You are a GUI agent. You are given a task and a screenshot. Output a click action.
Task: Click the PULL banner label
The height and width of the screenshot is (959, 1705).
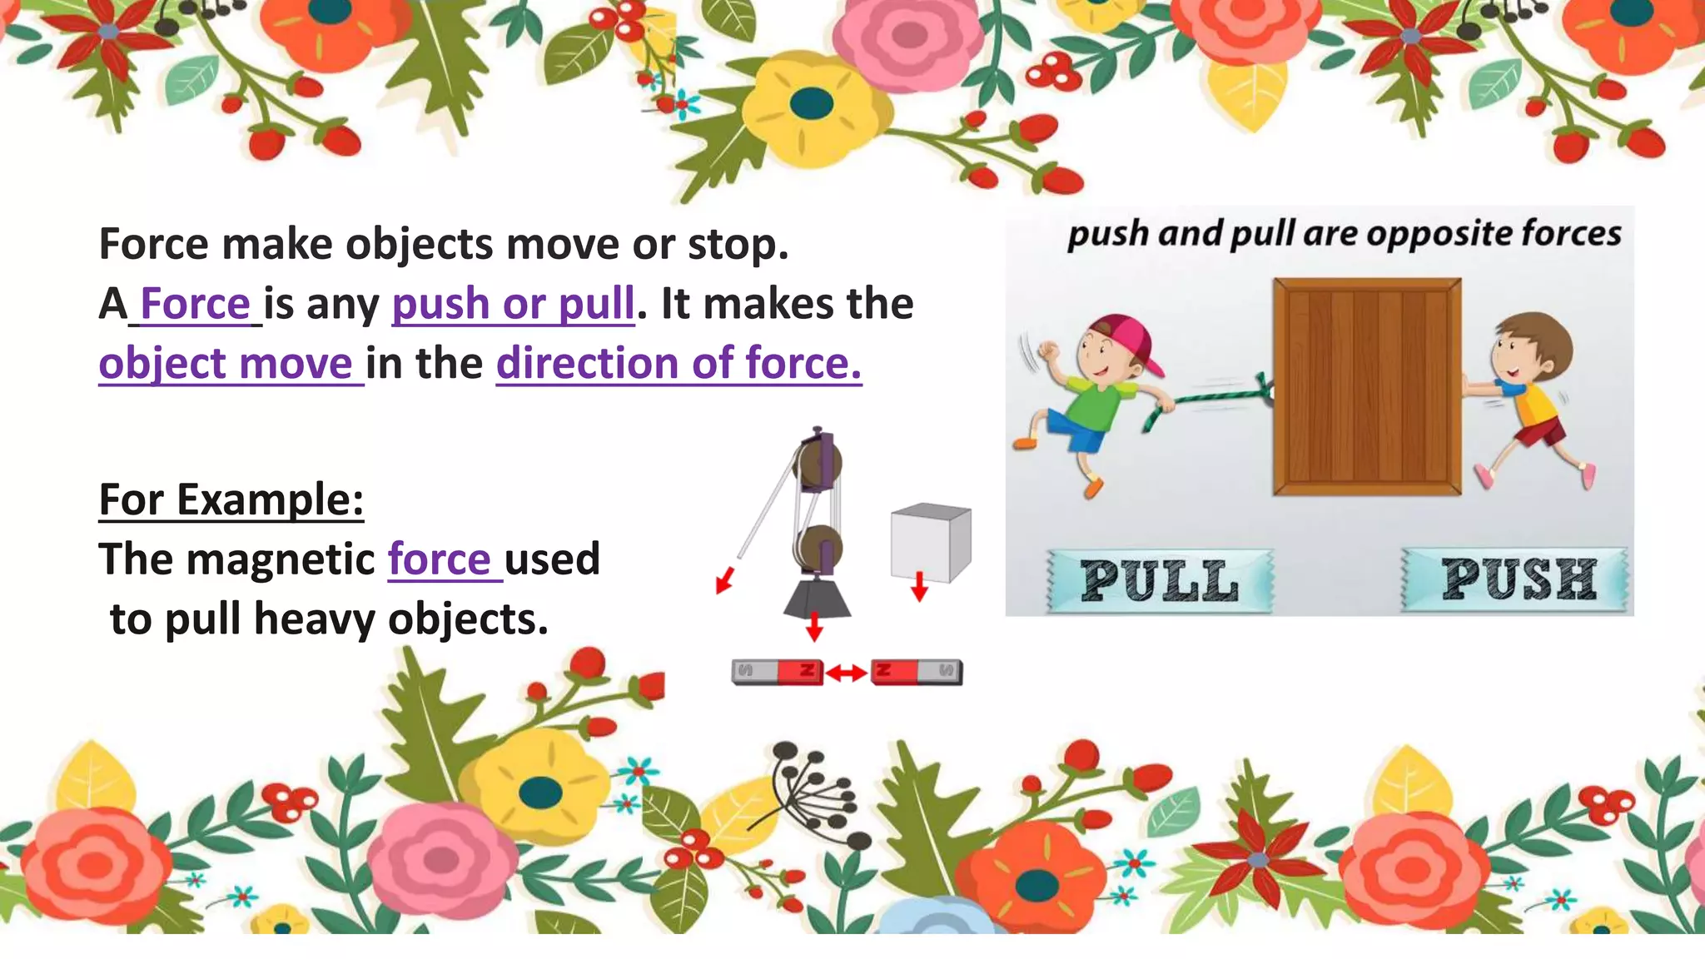[x=1160, y=581]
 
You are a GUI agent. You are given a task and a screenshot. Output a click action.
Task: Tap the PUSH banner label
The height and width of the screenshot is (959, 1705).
[x=1518, y=579]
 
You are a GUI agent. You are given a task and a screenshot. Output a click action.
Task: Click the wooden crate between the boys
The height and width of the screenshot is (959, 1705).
[x=1366, y=387]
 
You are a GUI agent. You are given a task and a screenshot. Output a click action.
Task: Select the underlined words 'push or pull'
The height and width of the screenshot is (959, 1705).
[x=513, y=304]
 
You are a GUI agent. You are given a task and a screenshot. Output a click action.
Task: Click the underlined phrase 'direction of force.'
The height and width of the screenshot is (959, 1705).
[x=679, y=364]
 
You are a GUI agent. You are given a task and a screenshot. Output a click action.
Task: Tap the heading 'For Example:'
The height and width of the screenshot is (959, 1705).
[x=231, y=500]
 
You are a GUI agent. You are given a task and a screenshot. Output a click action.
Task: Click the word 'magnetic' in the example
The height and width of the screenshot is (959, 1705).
[x=281, y=559]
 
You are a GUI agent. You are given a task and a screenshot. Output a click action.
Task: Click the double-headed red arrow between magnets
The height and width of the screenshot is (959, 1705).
[x=847, y=672]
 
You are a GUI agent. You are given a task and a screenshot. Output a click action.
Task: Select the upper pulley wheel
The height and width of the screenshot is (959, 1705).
[x=817, y=463]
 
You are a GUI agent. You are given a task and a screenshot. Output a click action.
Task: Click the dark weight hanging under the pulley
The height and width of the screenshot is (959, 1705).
[x=817, y=598]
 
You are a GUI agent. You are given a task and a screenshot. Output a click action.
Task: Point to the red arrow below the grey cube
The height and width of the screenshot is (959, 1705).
[x=919, y=586]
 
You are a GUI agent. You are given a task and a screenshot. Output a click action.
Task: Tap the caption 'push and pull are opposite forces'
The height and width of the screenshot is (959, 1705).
[x=1344, y=234]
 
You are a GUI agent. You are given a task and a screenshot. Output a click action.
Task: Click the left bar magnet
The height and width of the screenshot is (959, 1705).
[x=777, y=671]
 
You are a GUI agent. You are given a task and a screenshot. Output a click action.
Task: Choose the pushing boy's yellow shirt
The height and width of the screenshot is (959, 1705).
[x=1534, y=405]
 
